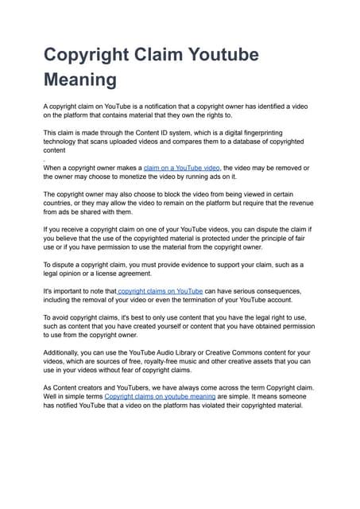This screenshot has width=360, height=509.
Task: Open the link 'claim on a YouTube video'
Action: click(x=183, y=169)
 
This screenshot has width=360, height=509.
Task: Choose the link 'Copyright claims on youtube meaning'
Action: click(x=160, y=395)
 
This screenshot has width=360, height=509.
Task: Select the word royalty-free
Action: click(x=161, y=361)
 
